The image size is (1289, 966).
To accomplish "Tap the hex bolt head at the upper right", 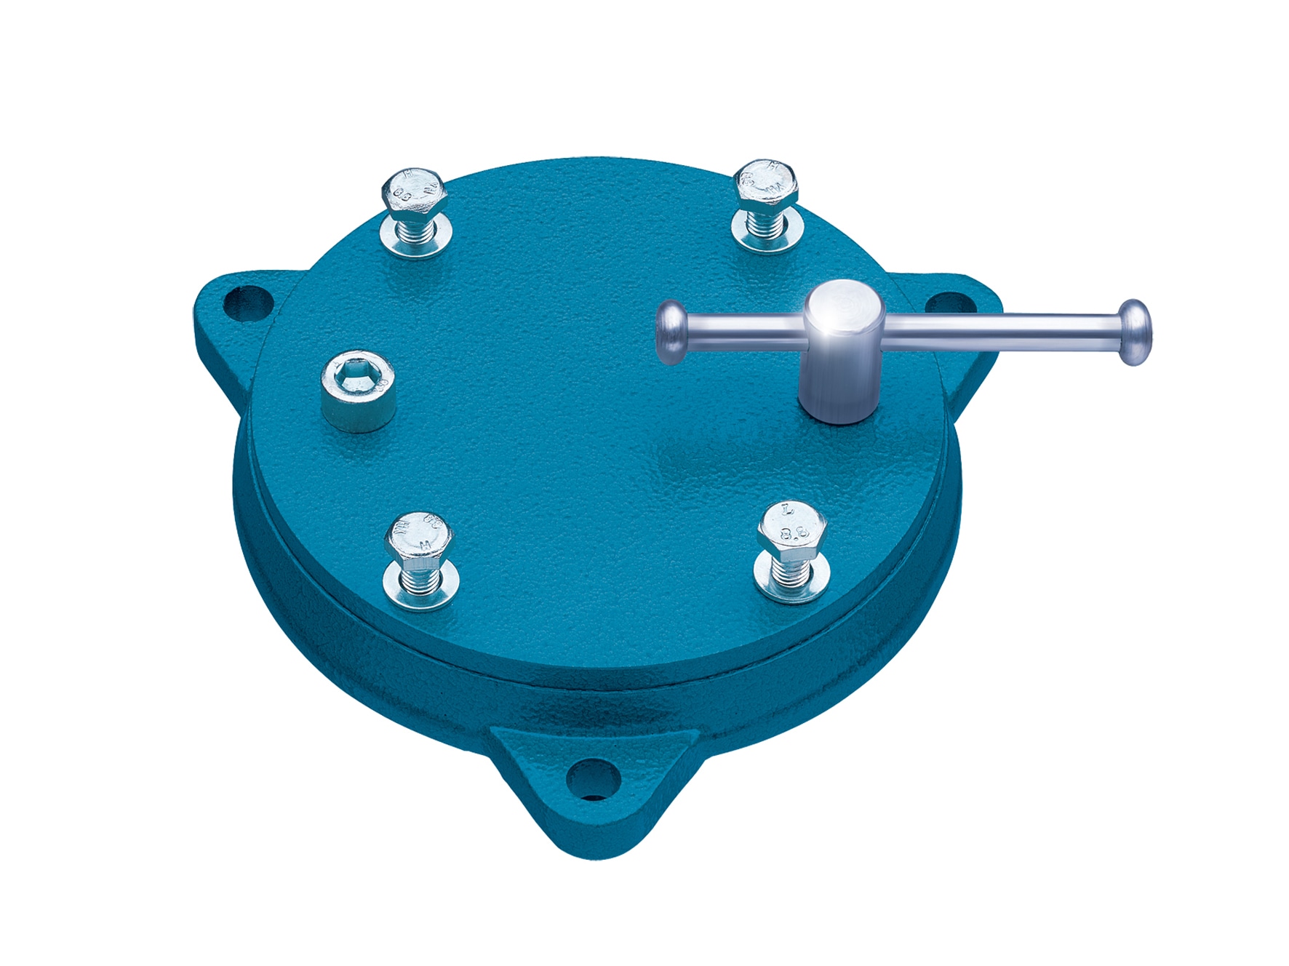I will (766, 183).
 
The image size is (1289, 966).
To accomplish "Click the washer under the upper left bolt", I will (415, 241).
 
